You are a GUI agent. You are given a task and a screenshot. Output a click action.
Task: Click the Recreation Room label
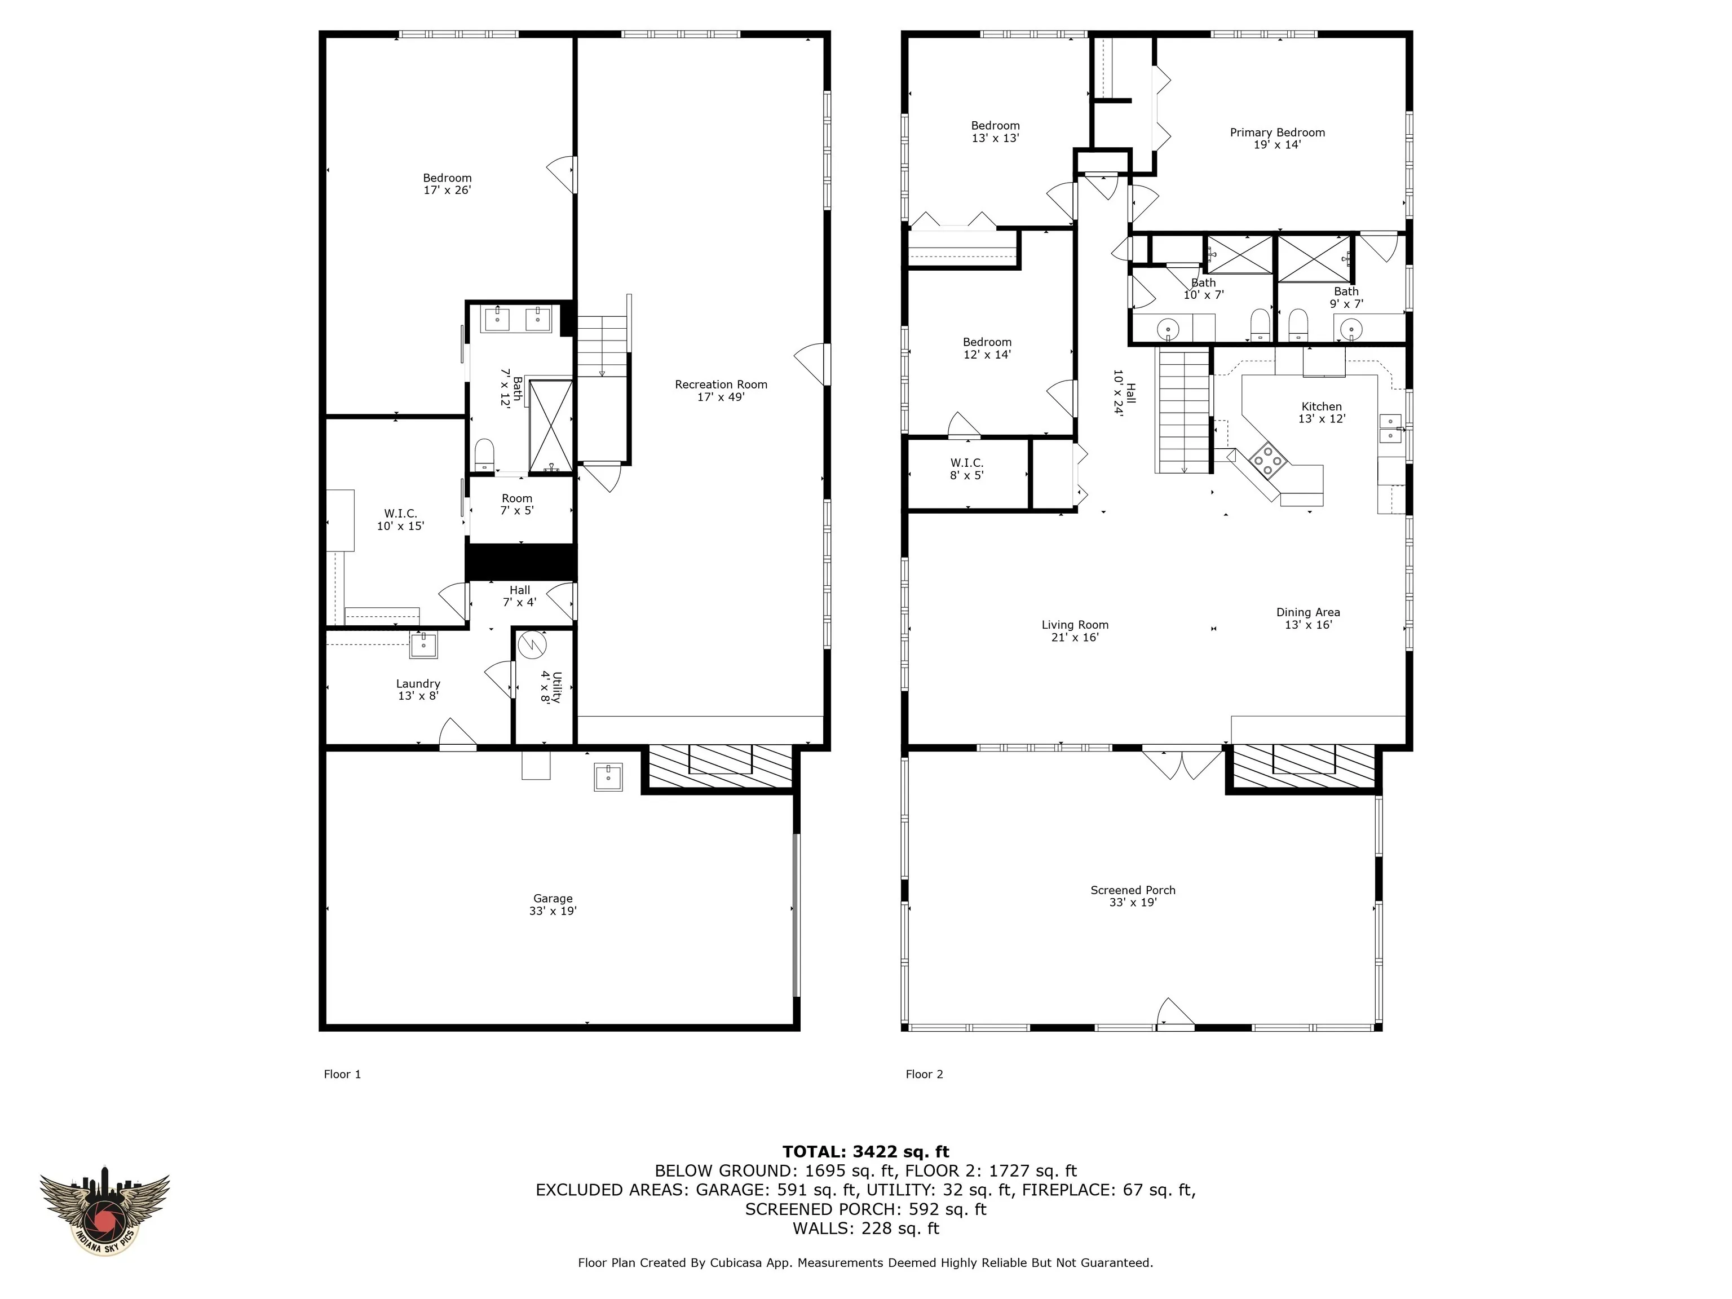point(721,391)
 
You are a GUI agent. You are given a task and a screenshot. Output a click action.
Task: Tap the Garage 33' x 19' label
point(553,904)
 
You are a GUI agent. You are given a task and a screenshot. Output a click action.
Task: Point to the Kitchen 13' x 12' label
point(1322,413)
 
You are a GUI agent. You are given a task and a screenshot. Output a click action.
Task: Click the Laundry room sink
point(423,645)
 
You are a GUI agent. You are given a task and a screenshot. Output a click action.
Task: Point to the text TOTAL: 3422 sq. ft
point(865,1152)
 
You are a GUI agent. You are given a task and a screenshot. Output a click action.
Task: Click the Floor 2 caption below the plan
point(924,1074)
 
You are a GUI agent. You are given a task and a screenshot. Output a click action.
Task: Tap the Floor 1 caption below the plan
point(342,1074)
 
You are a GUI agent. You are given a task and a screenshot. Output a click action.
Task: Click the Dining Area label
point(1307,618)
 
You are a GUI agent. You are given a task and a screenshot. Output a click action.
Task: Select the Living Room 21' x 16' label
point(1075,631)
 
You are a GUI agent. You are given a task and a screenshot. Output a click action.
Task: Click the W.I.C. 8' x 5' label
point(967,469)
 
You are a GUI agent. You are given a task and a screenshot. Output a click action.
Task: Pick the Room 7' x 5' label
point(517,504)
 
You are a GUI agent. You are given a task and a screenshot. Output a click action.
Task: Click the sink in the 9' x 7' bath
point(1351,329)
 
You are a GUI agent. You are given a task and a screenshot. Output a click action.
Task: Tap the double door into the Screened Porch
point(1182,763)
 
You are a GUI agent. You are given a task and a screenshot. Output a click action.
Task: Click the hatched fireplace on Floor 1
point(721,768)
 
